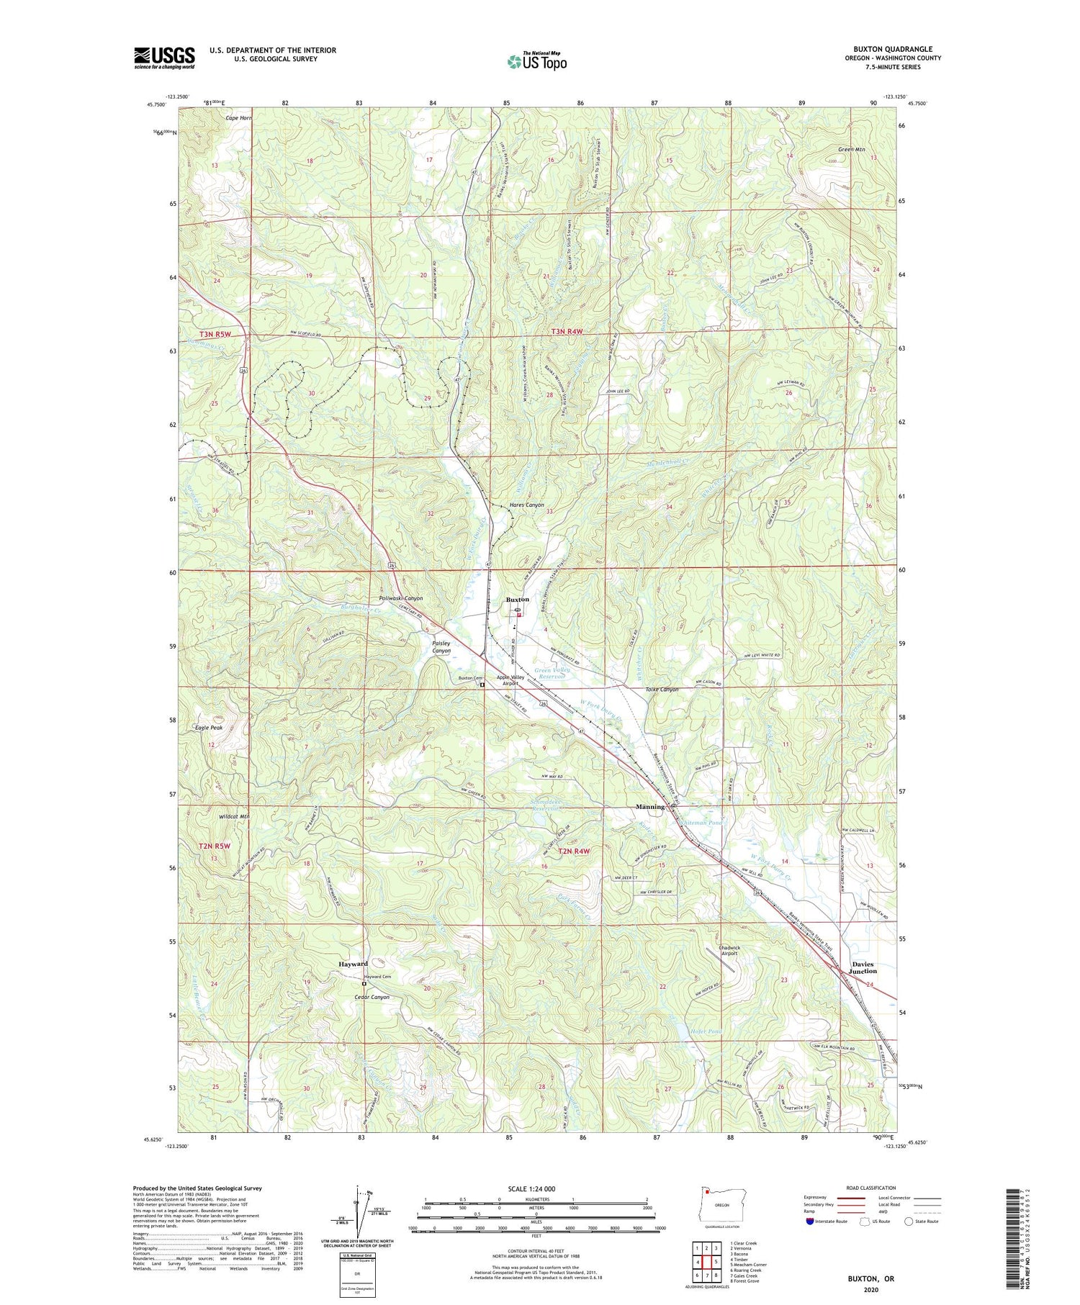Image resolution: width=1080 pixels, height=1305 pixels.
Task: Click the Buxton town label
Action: coord(517,599)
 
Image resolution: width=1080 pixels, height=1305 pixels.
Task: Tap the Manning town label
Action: coord(650,807)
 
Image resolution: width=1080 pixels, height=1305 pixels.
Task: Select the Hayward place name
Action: coord(354,964)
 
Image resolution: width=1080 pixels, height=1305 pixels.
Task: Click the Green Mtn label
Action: coord(851,150)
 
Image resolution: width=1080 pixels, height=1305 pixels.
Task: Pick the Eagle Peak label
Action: coord(209,728)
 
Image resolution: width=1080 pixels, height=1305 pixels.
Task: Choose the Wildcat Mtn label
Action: coord(234,816)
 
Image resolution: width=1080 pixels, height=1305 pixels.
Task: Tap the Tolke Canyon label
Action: coord(660,690)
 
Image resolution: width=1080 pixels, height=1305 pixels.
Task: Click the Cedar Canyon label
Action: coord(372,997)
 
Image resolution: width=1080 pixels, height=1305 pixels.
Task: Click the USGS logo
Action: coord(164,58)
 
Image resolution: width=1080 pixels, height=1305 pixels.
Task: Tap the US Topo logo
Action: coord(536,61)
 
